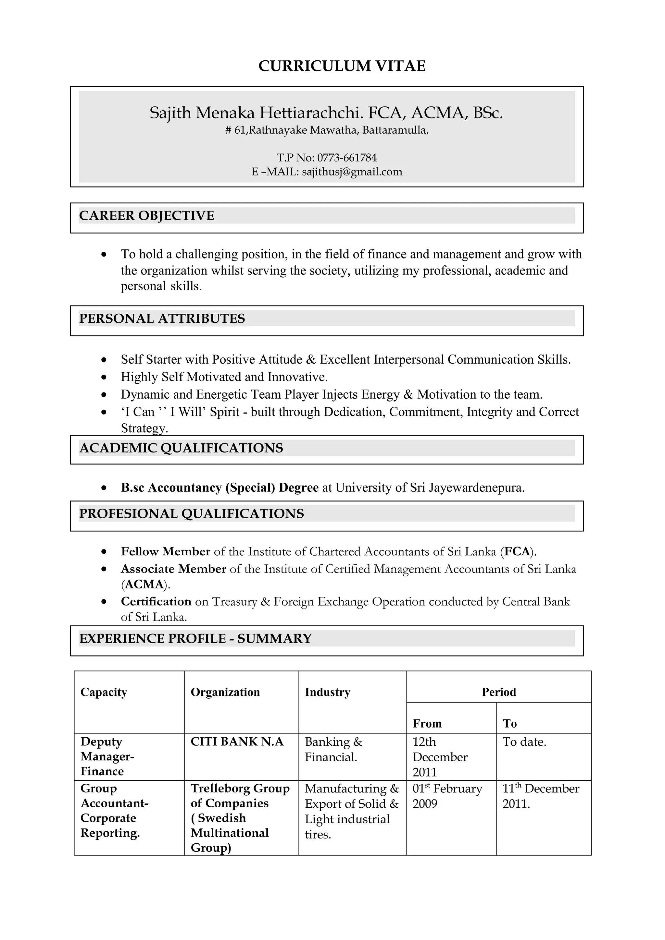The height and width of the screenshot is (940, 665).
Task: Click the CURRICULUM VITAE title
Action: [x=342, y=66]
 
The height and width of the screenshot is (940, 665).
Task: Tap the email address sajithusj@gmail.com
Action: [x=352, y=172]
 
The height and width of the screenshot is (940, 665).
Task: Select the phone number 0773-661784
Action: [x=347, y=158]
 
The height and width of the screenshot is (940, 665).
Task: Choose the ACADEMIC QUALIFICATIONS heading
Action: [x=181, y=448]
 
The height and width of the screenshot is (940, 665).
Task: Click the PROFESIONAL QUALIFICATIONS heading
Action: [x=191, y=513]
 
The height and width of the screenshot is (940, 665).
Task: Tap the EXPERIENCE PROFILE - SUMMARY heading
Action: [x=195, y=638]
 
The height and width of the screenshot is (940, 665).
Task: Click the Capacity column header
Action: [x=104, y=692]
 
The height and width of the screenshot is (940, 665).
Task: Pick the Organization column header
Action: [x=225, y=692]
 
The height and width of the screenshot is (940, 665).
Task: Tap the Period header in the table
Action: [x=499, y=692]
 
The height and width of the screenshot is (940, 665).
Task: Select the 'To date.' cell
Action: [x=524, y=742]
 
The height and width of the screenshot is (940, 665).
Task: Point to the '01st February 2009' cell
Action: [x=447, y=796]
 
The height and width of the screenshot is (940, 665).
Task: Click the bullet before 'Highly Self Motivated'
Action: [x=105, y=377]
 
